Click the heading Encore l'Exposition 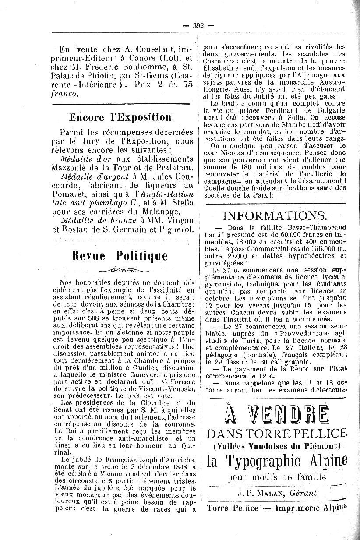point(121,117)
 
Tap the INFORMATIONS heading point(275,215)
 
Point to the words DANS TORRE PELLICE point(276,434)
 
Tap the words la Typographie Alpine point(276,461)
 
